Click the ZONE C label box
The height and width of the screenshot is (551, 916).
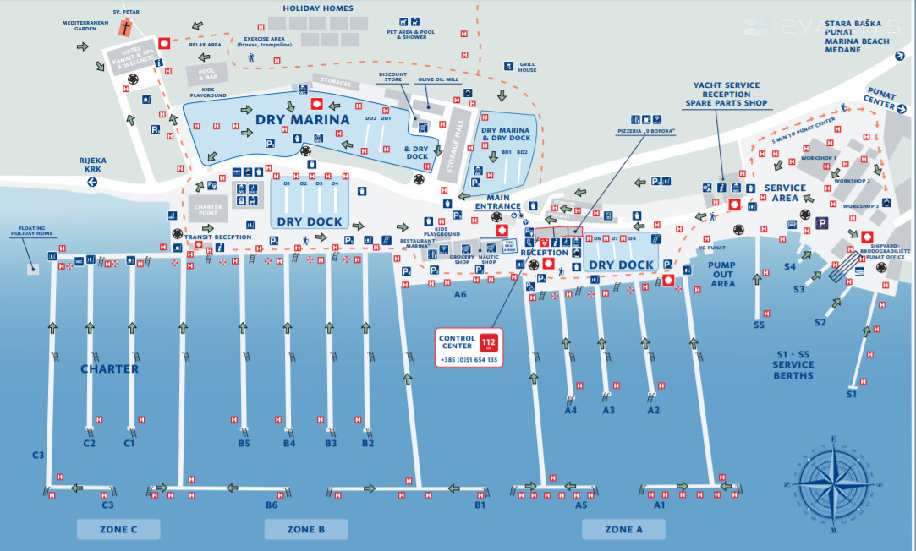(118, 529)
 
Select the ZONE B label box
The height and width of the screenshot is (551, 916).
(306, 529)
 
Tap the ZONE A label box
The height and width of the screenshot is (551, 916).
(623, 529)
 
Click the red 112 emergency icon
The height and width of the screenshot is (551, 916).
(488, 343)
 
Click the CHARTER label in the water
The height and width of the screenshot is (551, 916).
(109, 369)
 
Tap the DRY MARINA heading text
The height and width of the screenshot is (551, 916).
(302, 120)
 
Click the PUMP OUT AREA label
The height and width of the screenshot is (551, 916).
(722, 274)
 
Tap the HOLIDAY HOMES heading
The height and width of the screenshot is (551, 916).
(318, 8)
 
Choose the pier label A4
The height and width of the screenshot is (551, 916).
(571, 411)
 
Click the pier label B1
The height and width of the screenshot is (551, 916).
(480, 505)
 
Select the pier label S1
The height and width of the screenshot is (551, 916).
(852, 394)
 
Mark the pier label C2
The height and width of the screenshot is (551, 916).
(90, 443)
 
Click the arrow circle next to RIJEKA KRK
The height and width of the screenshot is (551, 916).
(92, 182)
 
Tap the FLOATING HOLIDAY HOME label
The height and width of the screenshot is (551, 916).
(31, 232)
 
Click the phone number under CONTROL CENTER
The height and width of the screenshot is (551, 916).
(469, 360)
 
